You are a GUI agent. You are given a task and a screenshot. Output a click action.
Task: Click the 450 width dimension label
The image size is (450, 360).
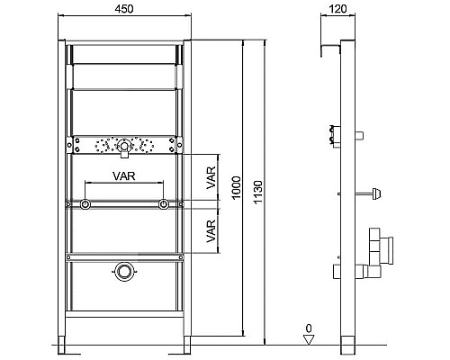pyautogui.click(x=124, y=9)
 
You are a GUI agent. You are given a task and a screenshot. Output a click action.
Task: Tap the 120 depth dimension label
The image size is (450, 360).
pyautogui.click(x=337, y=9)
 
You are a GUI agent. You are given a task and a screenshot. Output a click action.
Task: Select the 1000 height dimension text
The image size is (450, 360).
pyautogui.click(x=237, y=187)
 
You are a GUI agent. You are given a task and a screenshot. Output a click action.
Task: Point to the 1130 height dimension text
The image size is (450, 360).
pyautogui.click(x=258, y=192)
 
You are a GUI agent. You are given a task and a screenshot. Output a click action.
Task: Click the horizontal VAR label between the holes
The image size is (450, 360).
pyautogui.click(x=124, y=176)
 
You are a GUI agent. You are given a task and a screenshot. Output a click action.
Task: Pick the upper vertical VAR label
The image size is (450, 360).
pyautogui.click(x=211, y=177)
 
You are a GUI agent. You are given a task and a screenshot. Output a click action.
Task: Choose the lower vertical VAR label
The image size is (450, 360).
pyautogui.click(x=211, y=231)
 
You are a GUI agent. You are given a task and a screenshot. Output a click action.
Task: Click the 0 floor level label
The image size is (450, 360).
pyautogui.click(x=309, y=328)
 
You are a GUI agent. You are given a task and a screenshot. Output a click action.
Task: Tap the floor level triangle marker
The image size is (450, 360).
pyautogui.click(x=309, y=340)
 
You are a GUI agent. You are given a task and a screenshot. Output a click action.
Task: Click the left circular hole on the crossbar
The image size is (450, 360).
pyautogui.click(x=85, y=204)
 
